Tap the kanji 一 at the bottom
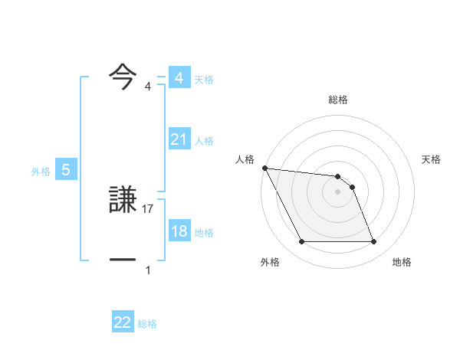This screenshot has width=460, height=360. pos(123,260)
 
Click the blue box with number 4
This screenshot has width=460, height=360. pos(179,78)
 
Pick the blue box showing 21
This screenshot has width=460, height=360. pos(179,139)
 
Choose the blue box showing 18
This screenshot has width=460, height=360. pos(179,231)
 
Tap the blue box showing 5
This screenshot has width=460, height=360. pos(66,171)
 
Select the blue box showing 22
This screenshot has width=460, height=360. pos(123,322)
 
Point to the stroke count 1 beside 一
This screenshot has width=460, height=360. pos(148,270)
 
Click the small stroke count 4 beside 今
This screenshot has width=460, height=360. pos(148,87)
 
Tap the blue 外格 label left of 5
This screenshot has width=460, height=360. pos(41,172)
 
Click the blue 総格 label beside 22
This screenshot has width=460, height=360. pos(147,324)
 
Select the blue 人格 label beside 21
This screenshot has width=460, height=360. pos(204,141)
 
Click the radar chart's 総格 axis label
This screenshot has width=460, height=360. pos(338,100)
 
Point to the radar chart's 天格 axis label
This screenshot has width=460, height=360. pos(432,159)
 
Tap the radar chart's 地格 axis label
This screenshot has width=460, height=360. pos(402,262)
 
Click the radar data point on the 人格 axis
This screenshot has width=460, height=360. pos(264,168)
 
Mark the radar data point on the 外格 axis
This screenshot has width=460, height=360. pos(301,242)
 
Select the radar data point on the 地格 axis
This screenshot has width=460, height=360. pos(373,242)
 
